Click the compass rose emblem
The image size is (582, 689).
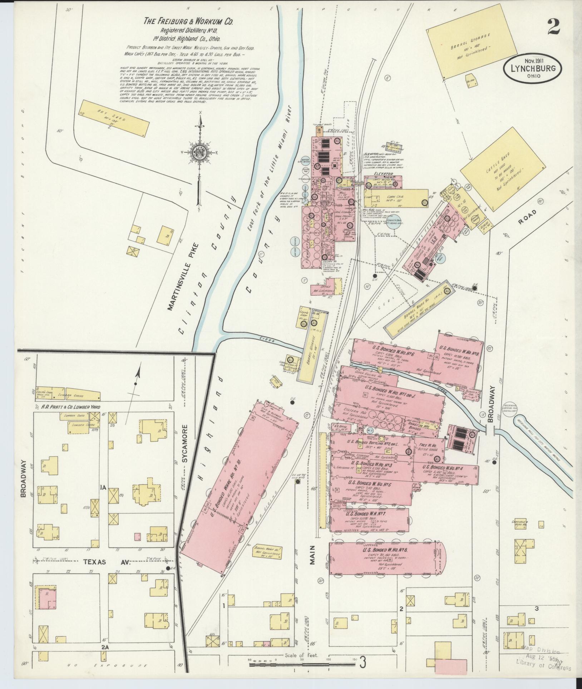tap(199, 152)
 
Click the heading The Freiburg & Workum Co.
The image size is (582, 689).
tap(188, 21)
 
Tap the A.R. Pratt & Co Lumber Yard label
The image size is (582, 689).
tap(68, 407)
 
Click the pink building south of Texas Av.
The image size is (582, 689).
tap(46, 599)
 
